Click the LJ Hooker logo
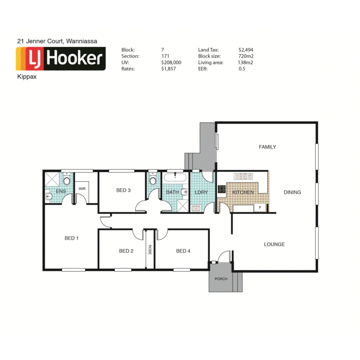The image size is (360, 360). [61, 59]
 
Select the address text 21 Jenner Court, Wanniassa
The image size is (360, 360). [57, 41]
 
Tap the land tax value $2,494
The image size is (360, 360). [246, 50]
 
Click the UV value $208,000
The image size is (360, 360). [171, 62]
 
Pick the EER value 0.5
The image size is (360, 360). [242, 69]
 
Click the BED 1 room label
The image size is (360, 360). [71, 238]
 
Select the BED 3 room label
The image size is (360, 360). [123, 190]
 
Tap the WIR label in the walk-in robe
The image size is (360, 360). [82, 189]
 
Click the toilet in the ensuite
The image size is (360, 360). [67, 180]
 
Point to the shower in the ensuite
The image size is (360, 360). [52, 179]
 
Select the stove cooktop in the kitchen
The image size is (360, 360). [222, 189]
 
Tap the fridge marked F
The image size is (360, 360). [260, 208]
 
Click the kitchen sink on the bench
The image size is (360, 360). [243, 176]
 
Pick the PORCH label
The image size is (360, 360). [221, 279]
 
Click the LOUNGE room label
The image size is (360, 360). [274, 244]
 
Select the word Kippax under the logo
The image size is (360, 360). [26, 76]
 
